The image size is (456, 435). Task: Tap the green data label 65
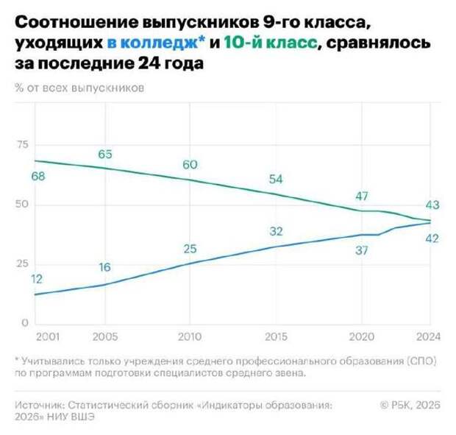click(105, 154)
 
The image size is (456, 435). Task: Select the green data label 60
click(190, 164)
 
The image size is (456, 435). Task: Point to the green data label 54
click(276, 180)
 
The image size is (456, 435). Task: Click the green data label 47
click(361, 197)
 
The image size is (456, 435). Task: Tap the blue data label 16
click(105, 267)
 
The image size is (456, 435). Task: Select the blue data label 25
click(190, 249)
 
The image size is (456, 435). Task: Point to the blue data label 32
click(276, 231)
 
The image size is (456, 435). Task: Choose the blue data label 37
click(361, 251)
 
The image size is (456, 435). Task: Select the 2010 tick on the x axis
click(190, 336)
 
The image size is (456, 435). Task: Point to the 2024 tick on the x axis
click(427, 336)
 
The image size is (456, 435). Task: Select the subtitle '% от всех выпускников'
click(79, 88)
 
